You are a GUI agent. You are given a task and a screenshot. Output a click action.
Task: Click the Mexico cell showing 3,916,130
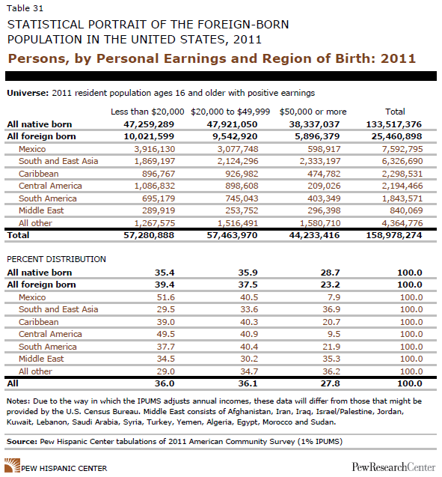pos(155,149)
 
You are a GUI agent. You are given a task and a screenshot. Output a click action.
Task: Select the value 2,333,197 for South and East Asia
pos(320,161)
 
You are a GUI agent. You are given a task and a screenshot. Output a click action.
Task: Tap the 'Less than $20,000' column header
pos(147,112)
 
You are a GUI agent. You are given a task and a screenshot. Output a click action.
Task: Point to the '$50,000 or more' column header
pos(313,112)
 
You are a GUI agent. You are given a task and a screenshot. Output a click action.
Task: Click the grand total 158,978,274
pos(394,235)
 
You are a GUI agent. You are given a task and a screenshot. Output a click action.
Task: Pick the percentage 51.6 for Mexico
pos(166,297)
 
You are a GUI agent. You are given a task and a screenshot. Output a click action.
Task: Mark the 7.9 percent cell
pos(334,297)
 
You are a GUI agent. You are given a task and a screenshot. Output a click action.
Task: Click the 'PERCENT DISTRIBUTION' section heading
pos(57,259)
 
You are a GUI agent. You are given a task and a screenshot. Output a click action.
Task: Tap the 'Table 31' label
pos(25,8)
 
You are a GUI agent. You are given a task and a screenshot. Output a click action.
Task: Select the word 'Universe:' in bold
pos(28,93)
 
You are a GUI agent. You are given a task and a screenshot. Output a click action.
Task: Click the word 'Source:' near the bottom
pos(22,441)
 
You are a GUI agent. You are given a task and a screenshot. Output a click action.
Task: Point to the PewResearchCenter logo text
pos(393,467)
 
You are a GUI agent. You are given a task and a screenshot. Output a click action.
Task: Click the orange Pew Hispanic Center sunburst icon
pos(13,466)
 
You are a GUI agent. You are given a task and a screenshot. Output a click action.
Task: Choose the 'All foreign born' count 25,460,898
pos(396,136)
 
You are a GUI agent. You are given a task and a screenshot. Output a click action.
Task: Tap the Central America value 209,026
pos(324,186)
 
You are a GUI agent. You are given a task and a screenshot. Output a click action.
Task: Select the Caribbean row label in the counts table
pos(39,174)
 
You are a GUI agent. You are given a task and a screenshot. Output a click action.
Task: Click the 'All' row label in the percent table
pos(13,383)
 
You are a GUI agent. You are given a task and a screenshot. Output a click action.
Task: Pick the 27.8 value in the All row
pos(331,383)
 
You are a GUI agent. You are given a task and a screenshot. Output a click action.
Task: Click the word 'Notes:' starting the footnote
pos(19,401)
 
